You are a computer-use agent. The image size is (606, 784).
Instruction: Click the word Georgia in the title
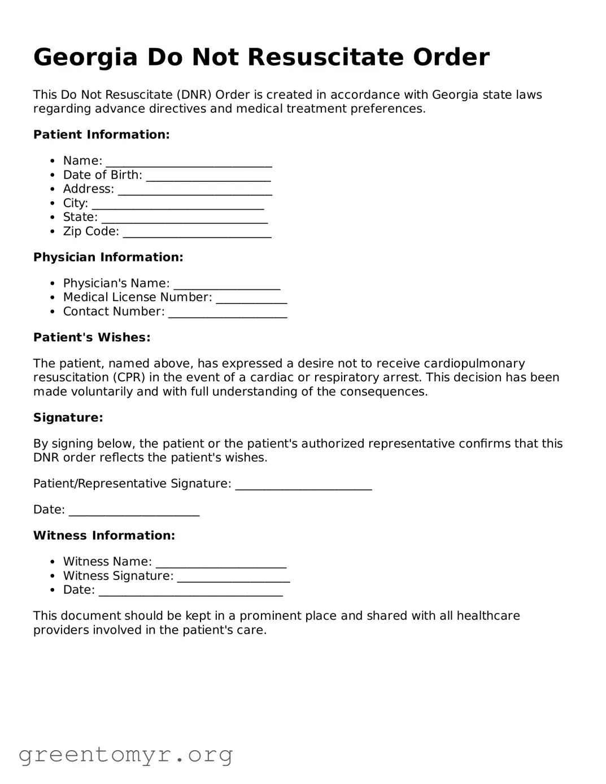point(85,58)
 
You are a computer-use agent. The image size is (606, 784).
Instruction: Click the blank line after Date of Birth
point(208,176)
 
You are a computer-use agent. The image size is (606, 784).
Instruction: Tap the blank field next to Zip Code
point(197,232)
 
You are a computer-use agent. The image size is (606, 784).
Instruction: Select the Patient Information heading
point(101,134)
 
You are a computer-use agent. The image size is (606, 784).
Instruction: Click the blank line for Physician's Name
point(226,284)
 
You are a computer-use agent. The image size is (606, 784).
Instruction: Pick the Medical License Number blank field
point(251,298)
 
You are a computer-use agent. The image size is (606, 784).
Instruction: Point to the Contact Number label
point(114,312)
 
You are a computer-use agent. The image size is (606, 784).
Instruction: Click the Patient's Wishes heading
point(91,337)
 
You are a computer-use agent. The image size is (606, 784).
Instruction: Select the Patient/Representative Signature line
point(303,485)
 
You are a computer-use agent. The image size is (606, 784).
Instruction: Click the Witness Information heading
point(104,535)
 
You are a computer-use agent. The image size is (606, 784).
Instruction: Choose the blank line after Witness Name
point(221,563)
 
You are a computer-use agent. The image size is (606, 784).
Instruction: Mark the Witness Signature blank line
point(233,577)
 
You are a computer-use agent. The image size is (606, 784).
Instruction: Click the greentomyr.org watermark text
point(125,755)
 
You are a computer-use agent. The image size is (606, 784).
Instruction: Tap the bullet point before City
point(53,204)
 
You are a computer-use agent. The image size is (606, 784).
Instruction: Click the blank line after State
point(184,218)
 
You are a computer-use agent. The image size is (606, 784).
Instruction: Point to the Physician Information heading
point(108,257)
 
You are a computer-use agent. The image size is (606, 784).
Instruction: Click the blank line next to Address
point(195,190)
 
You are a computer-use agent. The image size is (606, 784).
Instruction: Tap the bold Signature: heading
point(68,417)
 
